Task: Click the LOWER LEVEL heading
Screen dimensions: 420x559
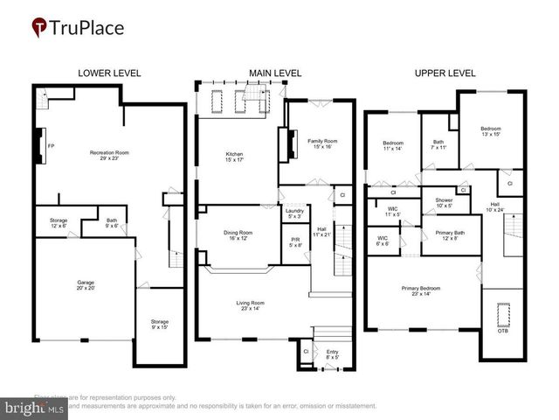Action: coord(109,73)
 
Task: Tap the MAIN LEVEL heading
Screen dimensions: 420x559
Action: coord(275,73)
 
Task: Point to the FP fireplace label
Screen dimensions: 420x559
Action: coord(52,145)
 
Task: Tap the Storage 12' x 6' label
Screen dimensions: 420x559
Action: coord(59,223)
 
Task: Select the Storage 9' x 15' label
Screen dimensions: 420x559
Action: coord(159,324)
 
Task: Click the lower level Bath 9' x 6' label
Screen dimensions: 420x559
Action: coord(112,223)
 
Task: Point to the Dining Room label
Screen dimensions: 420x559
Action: coord(238,234)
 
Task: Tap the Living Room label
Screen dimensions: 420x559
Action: coord(250,306)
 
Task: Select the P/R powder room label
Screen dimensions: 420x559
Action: coord(295,242)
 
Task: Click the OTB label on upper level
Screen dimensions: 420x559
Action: coord(502,330)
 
